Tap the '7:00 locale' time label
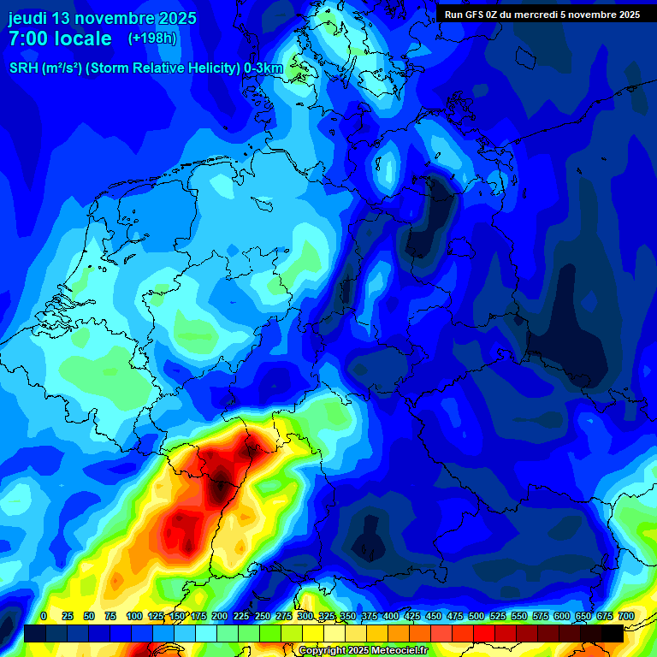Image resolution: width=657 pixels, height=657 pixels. (x=60, y=38)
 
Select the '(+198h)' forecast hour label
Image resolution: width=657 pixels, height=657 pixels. (x=152, y=38)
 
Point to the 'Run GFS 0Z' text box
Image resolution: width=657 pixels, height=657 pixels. (x=542, y=15)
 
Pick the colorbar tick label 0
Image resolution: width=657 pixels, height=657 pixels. (x=44, y=616)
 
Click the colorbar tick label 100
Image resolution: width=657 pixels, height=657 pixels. (x=134, y=616)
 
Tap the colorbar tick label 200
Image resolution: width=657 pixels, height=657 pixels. (x=220, y=616)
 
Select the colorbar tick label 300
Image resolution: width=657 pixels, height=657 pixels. (x=305, y=616)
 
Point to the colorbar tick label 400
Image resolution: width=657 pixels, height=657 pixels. (x=391, y=616)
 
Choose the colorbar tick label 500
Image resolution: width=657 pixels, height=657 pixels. (x=476, y=616)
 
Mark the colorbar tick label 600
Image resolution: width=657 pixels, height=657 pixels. (x=562, y=616)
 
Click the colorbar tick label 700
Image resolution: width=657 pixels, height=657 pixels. (x=626, y=616)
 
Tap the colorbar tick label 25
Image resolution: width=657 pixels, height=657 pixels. (x=67, y=616)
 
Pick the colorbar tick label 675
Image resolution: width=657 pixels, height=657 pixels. (x=605, y=616)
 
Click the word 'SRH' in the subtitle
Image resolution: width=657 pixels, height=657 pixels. (x=23, y=68)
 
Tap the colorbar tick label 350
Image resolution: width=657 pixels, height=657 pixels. (x=348, y=616)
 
